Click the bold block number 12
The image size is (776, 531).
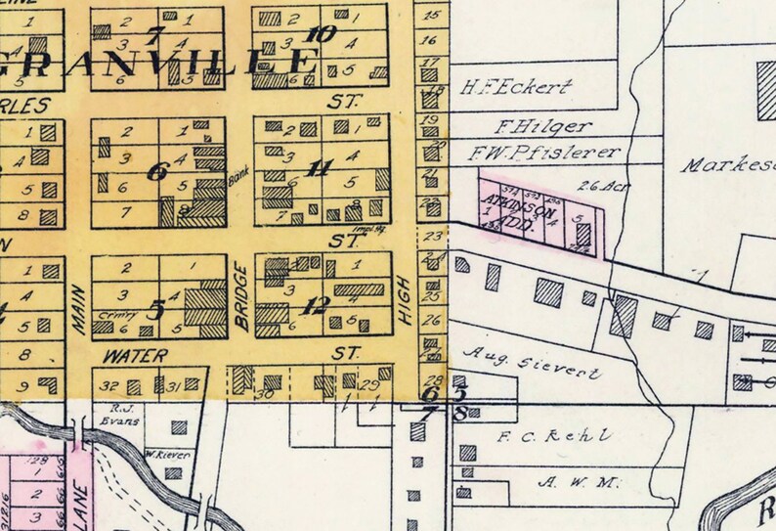(315, 305)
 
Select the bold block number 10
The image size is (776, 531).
(322, 35)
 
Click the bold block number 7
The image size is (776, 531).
(153, 37)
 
